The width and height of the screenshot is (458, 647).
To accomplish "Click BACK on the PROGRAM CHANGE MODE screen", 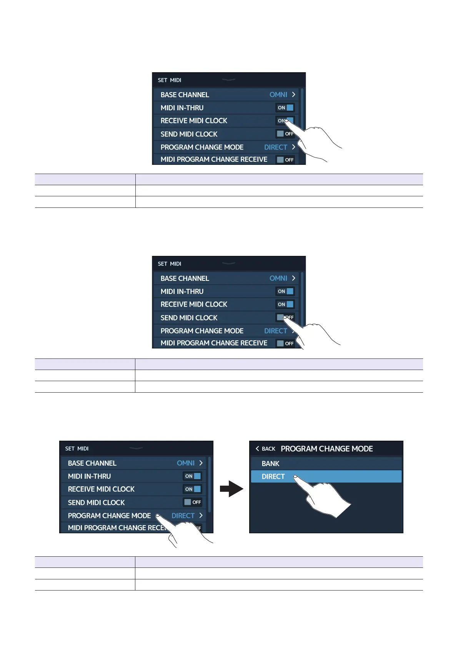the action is pyautogui.click(x=265, y=449).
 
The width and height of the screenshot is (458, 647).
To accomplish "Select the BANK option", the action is pyautogui.click(x=270, y=464).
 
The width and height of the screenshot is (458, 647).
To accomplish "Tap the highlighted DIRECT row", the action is pyautogui.click(x=326, y=476).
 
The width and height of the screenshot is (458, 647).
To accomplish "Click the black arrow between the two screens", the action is pyautogui.click(x=231, y=489).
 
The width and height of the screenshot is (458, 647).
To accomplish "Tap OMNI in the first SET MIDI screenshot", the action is pyautogui.click(x=278, y=95).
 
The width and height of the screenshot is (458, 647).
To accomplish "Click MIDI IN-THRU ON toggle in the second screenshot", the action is pyautogui.click(x=285, y=291).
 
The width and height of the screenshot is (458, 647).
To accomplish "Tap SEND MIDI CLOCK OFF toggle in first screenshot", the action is pyautogui.click(x=285, y=134).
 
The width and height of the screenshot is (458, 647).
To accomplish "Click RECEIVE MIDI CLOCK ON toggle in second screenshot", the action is pyautogui.click(x=285, y=304).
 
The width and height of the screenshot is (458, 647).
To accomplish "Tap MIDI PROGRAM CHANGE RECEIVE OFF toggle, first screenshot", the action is pyautogui.click(x=285, y=159).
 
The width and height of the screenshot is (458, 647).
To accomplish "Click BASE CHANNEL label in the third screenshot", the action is pyautogui.click(x=92, y=463).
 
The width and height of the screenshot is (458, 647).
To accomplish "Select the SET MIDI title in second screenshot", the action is pyautogui.click(x=169, y=264).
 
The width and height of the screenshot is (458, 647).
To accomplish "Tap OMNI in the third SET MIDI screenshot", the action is pyautogui.click(x=185, y=463).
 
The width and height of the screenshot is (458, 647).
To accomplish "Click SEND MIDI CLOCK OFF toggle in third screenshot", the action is pyautogui.click(x=193, y=502).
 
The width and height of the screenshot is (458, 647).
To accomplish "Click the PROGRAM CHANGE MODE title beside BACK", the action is pyautogui.click(x=326, y=449).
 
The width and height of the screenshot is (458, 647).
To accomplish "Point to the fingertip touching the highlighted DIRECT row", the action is pyautogui.click(x=295, y=477).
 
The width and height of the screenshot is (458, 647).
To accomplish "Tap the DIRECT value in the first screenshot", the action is pyautogui.click(x=275, y=147).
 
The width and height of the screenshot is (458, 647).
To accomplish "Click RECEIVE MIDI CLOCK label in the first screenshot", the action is pyautogui.click(x=194, y=121).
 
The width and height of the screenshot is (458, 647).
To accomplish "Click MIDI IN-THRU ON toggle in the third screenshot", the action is pyautogui.click(x=193, y=476).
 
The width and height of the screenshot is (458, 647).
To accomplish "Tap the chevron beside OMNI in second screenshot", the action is pyautogui.click(x=293, y=278).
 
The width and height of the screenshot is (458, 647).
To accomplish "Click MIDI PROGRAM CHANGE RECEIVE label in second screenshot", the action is pyautogui.click(x=214, y=343).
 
